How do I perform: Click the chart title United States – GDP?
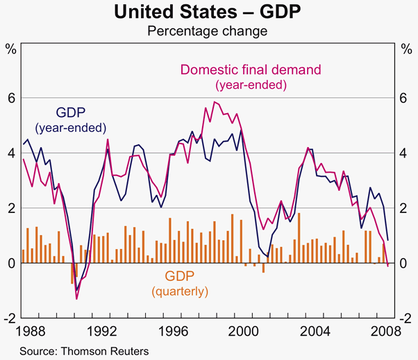tap(209, 12)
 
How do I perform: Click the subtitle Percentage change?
tap(209, 30)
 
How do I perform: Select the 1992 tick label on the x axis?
tap(106, 329)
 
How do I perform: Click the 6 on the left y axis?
tap(11, 98)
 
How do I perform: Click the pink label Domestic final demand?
tap(251, 70)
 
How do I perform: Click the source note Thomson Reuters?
tap(84, 350)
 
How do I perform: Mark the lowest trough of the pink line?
tap(76, 299)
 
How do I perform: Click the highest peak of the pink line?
tap(215, 102)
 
